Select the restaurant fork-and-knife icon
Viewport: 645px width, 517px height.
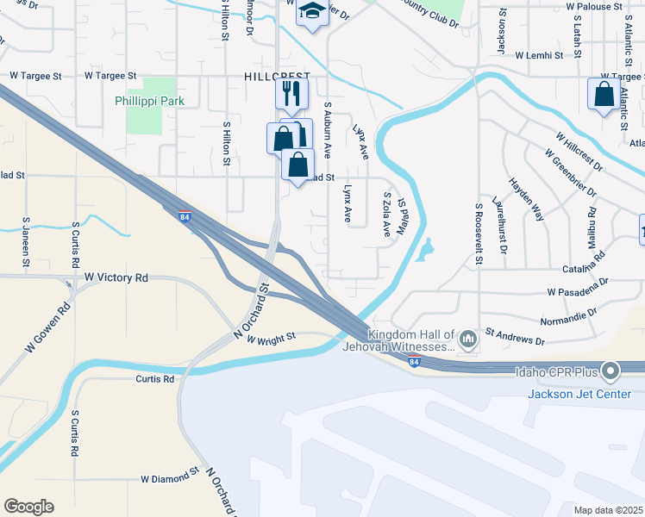click(x=292, y=92)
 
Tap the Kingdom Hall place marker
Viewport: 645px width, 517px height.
click(x=468, y=339)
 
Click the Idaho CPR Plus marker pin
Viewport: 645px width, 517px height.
click(x=611, y=372)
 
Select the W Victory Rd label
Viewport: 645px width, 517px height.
click(x=116, y=277)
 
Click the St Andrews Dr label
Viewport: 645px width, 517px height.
click(x=515, y=335)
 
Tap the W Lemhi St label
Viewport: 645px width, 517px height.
click(x=538, y=55)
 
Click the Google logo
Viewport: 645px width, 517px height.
click(x=28, y=507)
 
